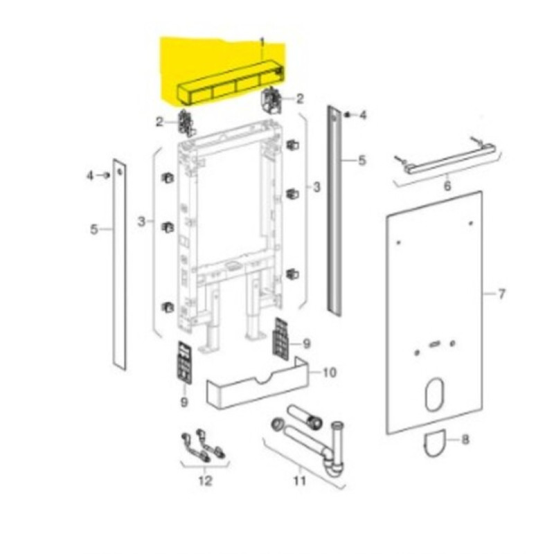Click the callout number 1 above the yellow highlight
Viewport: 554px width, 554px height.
[x=262, y=43]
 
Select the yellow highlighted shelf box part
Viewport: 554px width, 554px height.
[x=230, y=83]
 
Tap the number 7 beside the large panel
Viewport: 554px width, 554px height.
[x=501, y=294]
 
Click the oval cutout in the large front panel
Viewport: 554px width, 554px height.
[x=435, y=394]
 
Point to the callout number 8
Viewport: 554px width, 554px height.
[x=465, y=440]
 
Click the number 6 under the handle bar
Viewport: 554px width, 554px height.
[x=447, y=186]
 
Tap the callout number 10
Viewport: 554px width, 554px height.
[x=330, y=373]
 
